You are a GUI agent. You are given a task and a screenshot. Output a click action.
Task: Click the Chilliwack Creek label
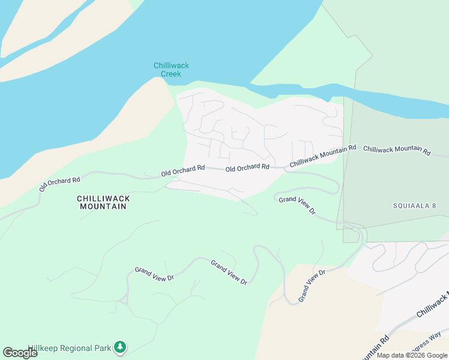coord(171,70)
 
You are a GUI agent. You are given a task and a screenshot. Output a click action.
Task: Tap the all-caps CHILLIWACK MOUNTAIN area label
coord(103,202)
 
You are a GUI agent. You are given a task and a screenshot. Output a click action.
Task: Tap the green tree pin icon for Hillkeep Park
coord(121,347)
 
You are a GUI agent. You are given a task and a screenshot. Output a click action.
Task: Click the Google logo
coord(20,353)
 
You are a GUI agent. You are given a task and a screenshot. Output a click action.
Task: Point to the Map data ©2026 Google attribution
coord(412,355)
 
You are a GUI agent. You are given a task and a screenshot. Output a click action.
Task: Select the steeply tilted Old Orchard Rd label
coord(59,184)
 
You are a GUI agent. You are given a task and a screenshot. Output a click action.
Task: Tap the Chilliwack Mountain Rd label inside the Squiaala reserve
coord(397,150)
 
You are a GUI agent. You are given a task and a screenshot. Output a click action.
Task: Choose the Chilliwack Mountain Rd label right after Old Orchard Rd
coord(322,155)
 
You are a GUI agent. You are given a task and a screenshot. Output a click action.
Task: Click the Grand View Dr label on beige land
coord(312,285)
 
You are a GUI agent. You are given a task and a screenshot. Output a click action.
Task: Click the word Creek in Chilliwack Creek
coord(171,74)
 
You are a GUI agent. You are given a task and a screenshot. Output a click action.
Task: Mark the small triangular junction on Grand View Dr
coord(124,299)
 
